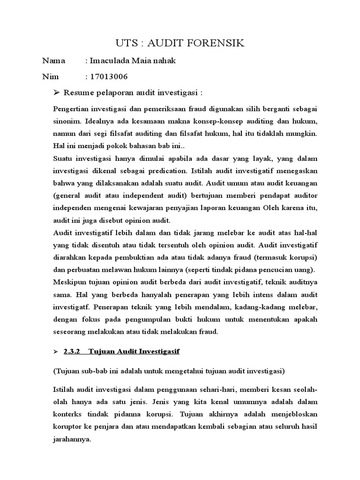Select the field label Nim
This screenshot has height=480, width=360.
(51, 76)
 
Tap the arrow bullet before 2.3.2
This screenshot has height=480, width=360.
(56, 351)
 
